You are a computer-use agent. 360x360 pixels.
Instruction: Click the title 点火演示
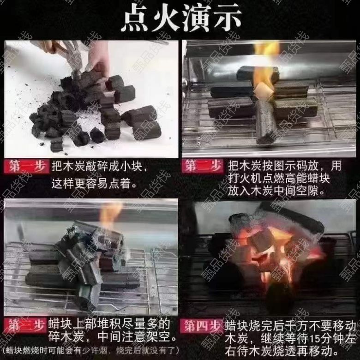coord(181,18)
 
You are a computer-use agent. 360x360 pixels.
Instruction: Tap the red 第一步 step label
coord(27,166)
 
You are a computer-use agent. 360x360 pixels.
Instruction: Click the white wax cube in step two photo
coord(264,90)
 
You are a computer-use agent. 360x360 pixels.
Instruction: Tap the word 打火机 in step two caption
coord(244,179)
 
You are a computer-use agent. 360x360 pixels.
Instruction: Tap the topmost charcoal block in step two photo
coord(257,72)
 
